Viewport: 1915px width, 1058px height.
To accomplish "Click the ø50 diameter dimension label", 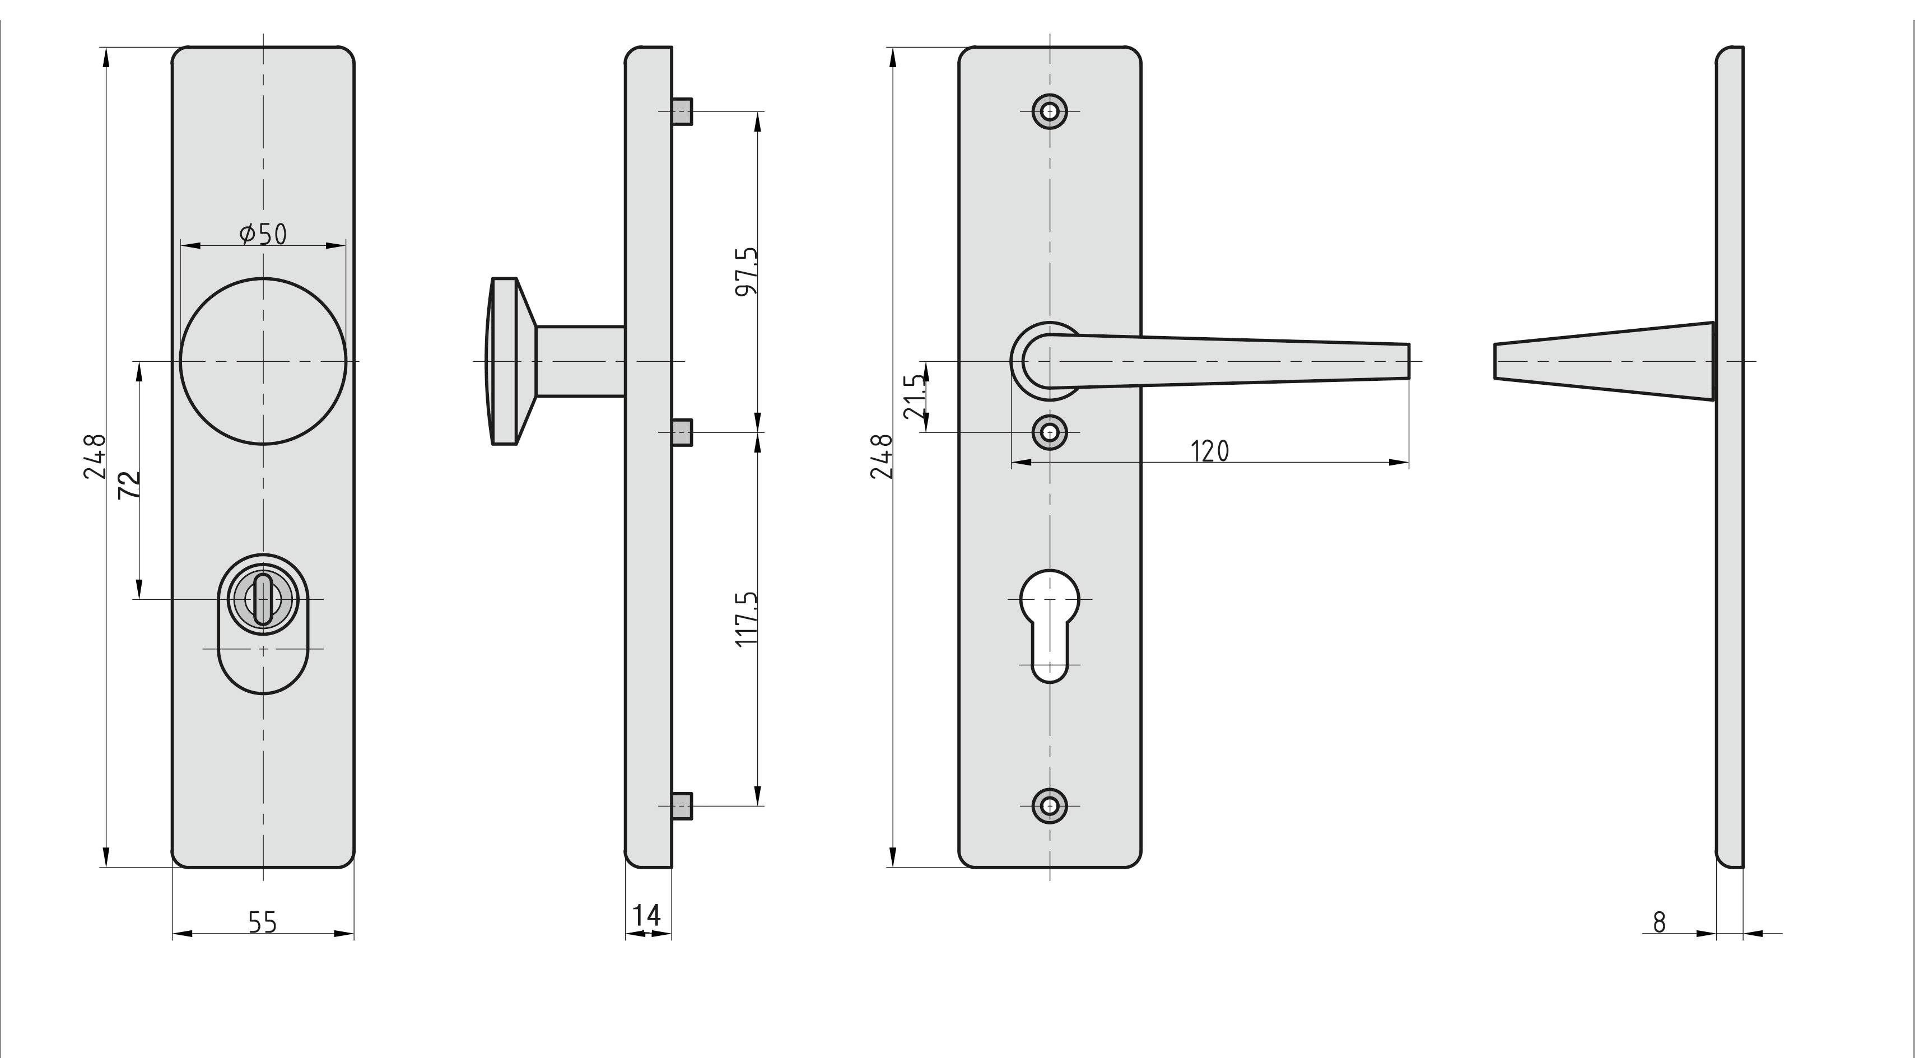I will tap(263, 234).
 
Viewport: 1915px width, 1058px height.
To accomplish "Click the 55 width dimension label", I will tap(263, 922).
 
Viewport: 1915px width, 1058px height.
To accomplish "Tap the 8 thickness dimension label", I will tap(1659, 922).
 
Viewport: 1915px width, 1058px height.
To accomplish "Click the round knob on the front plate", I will tap(263, 361).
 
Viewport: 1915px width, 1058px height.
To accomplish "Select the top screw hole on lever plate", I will tap(1050, 111).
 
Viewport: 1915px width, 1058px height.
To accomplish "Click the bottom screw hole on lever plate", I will tap(1050, 805).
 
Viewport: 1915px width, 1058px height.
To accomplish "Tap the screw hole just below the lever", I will tap(1050, 432).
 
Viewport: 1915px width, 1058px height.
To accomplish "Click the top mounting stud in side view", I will tap(682, 111).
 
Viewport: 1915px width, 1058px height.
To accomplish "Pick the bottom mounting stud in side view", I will tap(682, 806).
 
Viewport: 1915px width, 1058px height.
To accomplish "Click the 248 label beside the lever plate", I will tap(881, 456).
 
